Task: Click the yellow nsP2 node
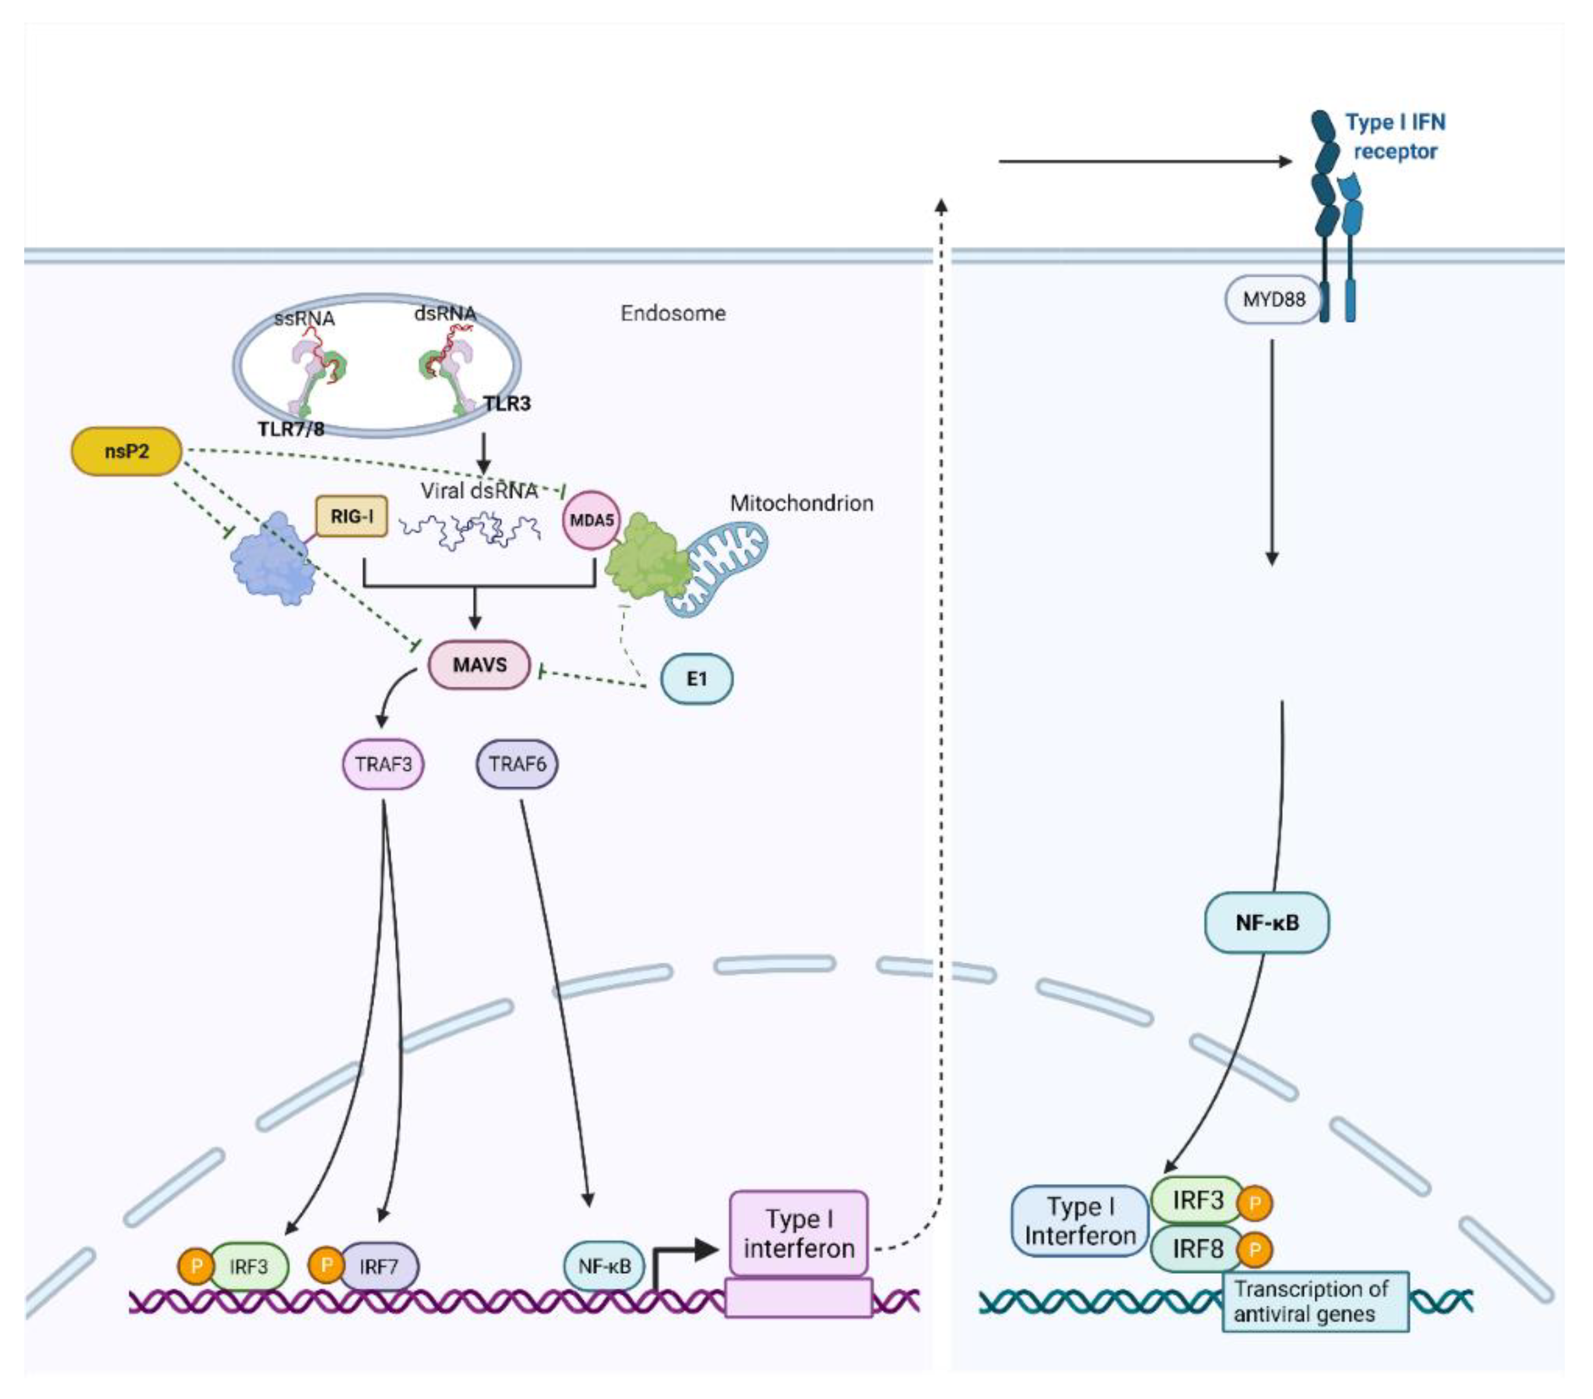click(x=126, y=451)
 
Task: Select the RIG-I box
click(x=352, y=516)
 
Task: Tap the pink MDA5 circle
click(x=592, y=520)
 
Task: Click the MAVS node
click(x=479, y=665)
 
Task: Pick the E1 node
click(x=696, y=679)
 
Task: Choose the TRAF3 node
click(x=383, y=764)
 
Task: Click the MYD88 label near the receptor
click(x=1274, y=299)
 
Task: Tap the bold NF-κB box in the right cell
click(x=1267, y=923)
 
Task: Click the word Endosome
click(x=673, y=314)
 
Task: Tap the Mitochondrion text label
click(x=801, y=503)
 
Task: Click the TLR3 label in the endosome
click(x=507, y=404)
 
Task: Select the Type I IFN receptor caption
click(x=1395, y=137)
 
